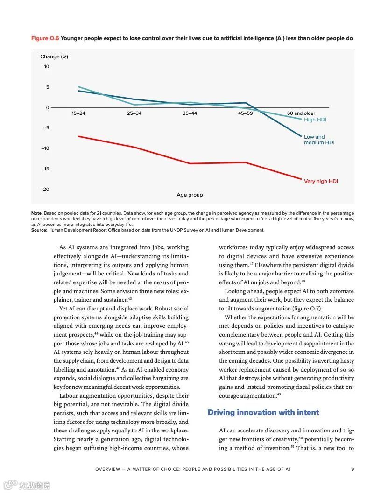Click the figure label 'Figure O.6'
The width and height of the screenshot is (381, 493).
pyautogui.click(x=45, y=38)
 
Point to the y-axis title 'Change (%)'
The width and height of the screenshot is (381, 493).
pyautogui.click(x=54, y=56)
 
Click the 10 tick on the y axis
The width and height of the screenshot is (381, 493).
pyautogui.click(x=47, y=67)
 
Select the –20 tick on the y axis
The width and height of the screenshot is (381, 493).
pyautogui.click(x=44, y=190)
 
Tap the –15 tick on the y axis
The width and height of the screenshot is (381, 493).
pyautogui.click(x=44, y=169)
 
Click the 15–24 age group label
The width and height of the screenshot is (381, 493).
pyautogui.click(x=78, y=113)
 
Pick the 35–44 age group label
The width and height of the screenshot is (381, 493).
pyautogui.click(x=190, y=113)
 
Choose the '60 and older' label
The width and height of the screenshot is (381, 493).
pyautogui.click(x=301, y=113)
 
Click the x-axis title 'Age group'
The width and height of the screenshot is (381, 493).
pyautogui.click(x=190, y=195)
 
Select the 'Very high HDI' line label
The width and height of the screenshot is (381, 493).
pyautogui.click(x=321, y=181)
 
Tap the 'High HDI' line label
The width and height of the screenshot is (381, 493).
pyautogui.click(x=315, y=120)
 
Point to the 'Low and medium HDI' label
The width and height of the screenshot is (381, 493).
pyautogui.click(x=319, y=140)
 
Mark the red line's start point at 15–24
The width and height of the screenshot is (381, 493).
pyautogui.click(x=78, y=136)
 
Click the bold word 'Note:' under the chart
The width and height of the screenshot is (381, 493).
pyautogui.click(x=37, y=213)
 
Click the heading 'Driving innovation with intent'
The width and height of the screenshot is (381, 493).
pyautogui.click(x=263, y=412)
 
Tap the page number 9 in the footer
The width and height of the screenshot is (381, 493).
pyautogui.click(x=353, y=469)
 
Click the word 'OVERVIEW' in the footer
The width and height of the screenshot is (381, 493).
pyautogui.click(x=108, y=469)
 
